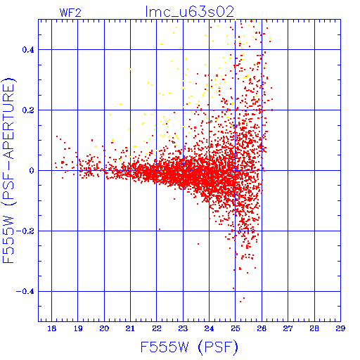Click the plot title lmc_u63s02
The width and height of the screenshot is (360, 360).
pyautogui.click(x=190, y=12)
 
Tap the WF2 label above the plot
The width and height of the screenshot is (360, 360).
pyautogui.click(x=70, y=13)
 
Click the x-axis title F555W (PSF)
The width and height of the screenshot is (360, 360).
pyautogui.click(x=189, y=347)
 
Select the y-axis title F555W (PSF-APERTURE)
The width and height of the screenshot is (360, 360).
pyautogui.click(x=9, y=171)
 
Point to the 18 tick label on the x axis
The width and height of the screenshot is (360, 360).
pyautogui.click(x=52, y=328)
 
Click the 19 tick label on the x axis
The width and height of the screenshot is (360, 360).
pyautogui.click(x=78, y=328)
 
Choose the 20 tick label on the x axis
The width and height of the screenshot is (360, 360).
pyautogui.click(x=104, y=328)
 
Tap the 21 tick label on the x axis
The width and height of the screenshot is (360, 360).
pyautogui.click(x=130, y=328)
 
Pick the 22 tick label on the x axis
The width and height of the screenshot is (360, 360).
pyautogui.click(x=157, y=328)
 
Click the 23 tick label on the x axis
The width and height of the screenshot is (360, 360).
pyautogui.click(x=183, y=328)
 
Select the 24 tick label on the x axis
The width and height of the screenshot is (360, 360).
pyautogui.click(x=209, y=328)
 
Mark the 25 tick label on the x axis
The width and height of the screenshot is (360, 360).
pyautogui.click(x=236, y=328)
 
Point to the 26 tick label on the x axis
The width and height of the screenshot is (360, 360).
pyautogui.click(x=262, y=328)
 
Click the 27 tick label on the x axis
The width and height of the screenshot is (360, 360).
pyautogui.click(x=288, y=328)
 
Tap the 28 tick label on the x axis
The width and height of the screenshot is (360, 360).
pyautogui.click(x=314, y=328)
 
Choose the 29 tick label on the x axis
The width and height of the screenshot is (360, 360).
pyautogui.click(x=340, y=328)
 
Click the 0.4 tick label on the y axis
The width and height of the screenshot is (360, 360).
pyautogui.click(x=28, y=50)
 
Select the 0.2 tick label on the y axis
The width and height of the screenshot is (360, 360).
pyautogui.click(x=28, y=110)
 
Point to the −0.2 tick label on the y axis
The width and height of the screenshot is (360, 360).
pyautogui.click(x=25, y=231)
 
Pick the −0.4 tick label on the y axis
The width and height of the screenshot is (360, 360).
pyautogui.click(x=25, y=292)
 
